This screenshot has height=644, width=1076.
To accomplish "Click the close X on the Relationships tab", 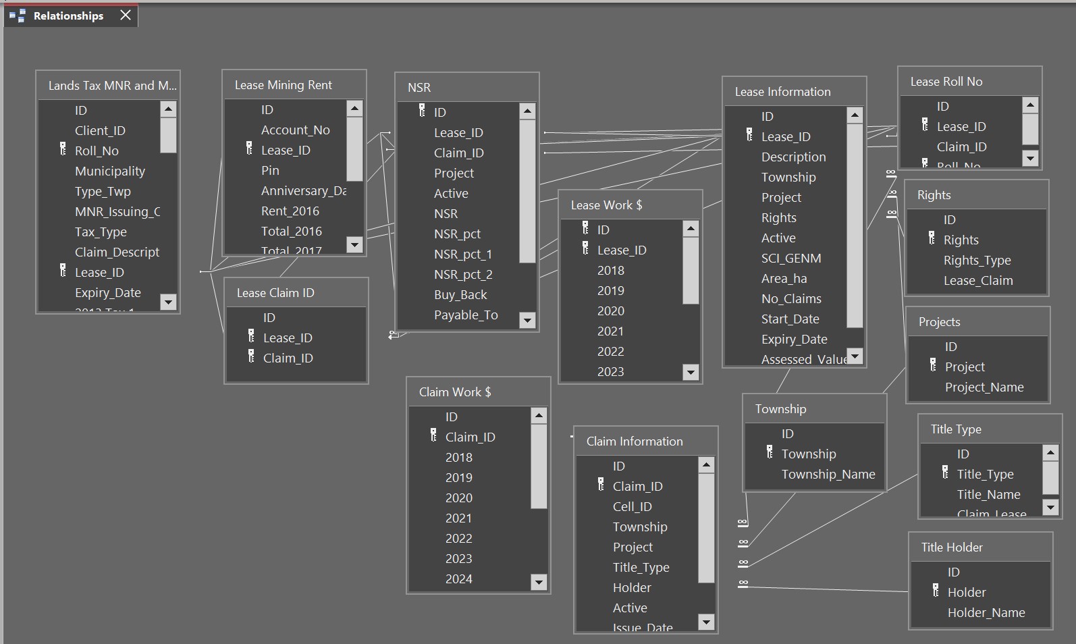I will coord(126,15).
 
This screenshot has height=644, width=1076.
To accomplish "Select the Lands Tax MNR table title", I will coord(112,86).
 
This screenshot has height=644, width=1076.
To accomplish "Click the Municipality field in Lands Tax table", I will coord(110,171).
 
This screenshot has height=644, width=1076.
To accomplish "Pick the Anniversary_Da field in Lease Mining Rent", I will coord(304,191).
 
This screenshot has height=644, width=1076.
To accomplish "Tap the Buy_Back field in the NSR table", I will coord(460,295).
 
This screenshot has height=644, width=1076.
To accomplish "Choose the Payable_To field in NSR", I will coord(466,315).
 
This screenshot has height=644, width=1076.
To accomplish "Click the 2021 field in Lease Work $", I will coord(610,331).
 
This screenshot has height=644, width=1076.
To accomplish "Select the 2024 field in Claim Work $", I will coord(459,579).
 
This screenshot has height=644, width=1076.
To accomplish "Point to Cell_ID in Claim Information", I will coord(632,507).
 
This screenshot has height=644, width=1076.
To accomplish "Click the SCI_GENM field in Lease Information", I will coord(791,259).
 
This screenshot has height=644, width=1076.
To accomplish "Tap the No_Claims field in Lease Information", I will coord(791,299).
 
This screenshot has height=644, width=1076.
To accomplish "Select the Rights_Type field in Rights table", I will coord(977,261).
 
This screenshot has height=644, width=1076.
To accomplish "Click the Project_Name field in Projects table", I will coord(984,387).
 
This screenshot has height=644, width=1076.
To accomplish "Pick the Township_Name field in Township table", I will coord(828,475).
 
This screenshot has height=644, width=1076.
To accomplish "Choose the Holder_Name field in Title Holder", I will coord(986,613).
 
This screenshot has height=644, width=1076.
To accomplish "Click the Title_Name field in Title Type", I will coord(988,495).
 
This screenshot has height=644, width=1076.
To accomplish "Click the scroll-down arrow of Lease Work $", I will coord(691,372).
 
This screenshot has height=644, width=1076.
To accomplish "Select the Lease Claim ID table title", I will coord(275,293).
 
